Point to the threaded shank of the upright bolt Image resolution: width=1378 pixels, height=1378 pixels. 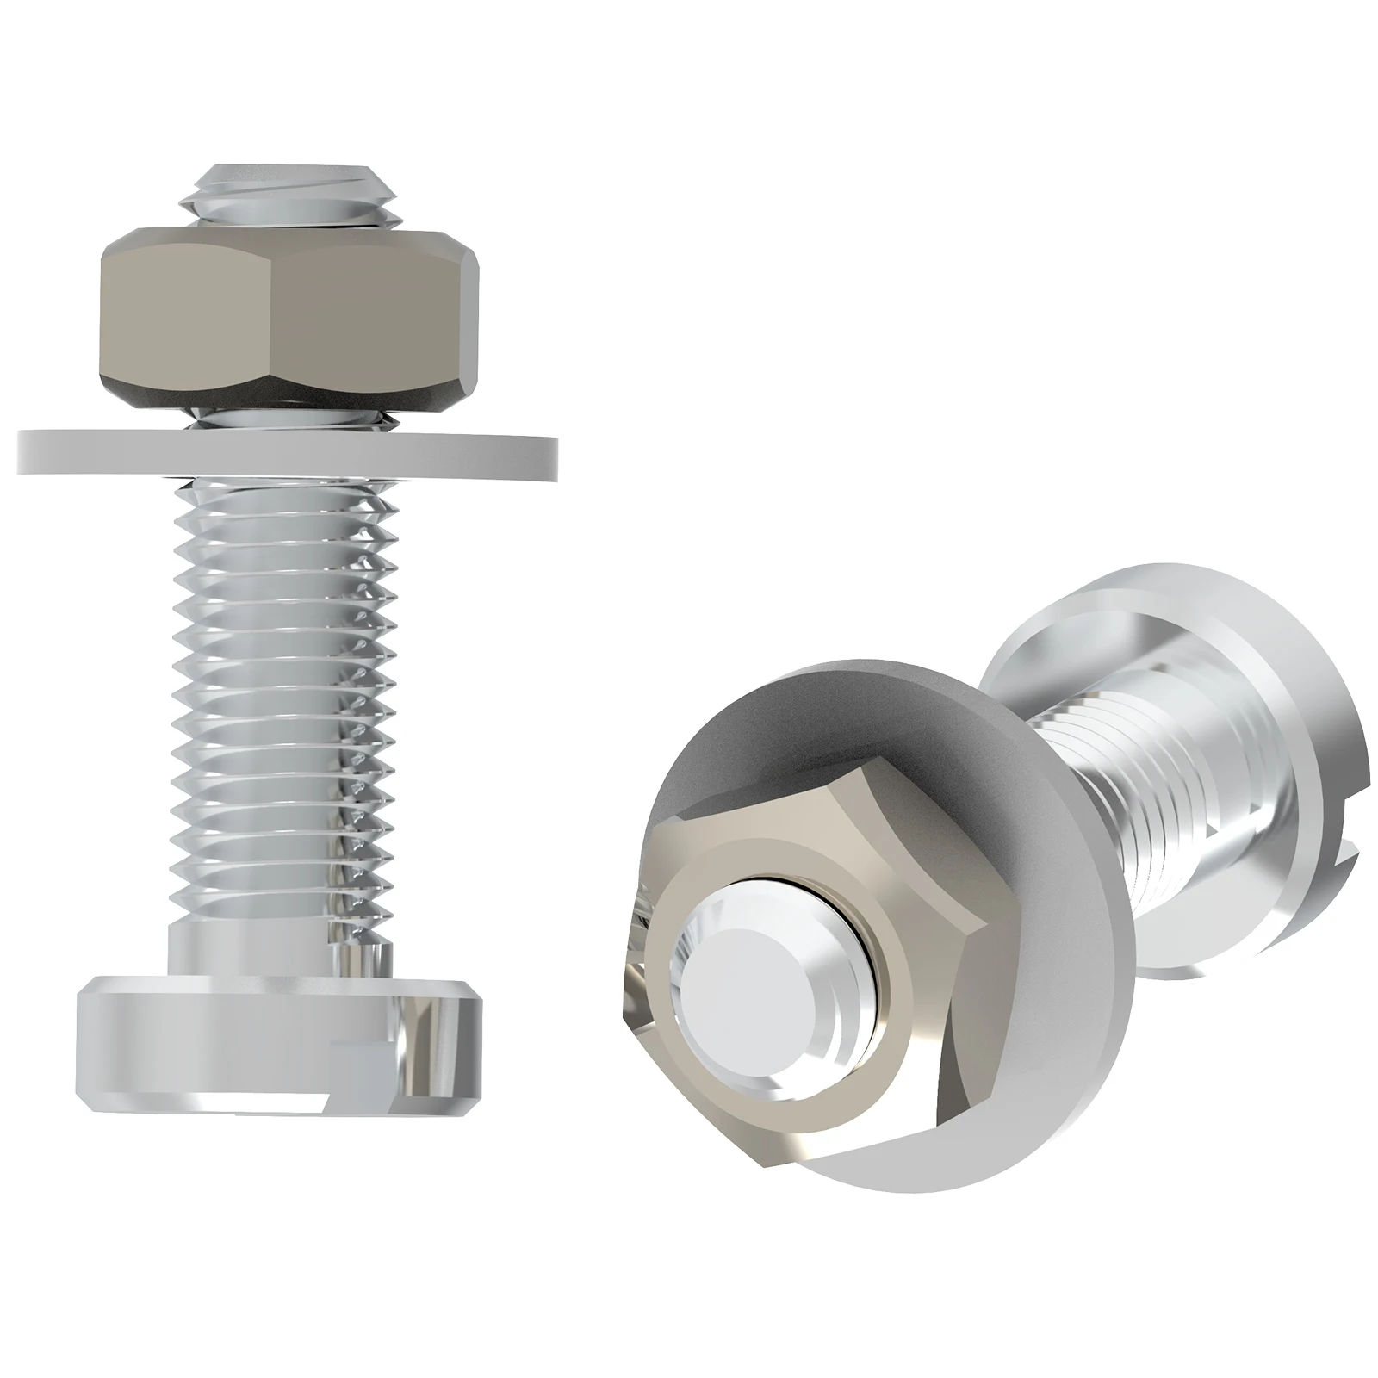[x=284, y=689]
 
